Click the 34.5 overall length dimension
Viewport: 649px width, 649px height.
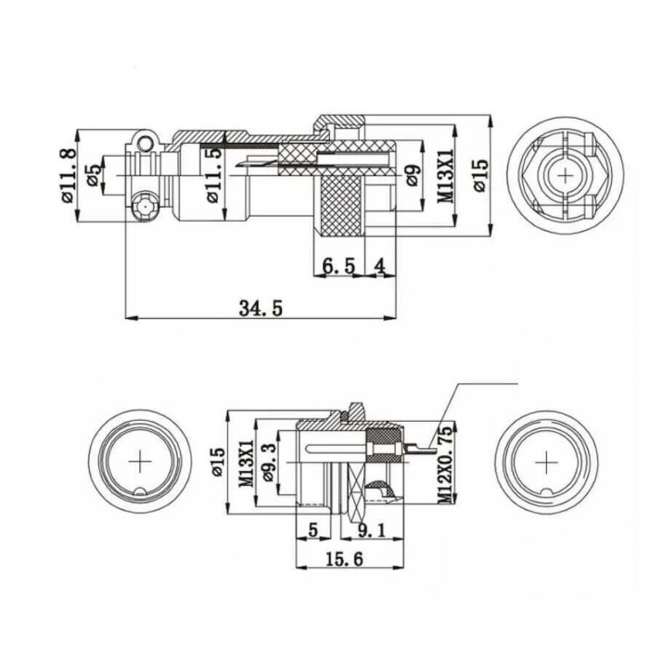coord(259,308)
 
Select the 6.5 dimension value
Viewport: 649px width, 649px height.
coord(338,266)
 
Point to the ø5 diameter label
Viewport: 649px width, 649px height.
coord(93,175)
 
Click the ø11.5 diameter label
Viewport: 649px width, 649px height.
coord(214,175)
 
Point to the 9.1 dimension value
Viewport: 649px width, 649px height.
coord(376,530)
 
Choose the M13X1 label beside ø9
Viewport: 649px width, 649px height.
coord(445,175)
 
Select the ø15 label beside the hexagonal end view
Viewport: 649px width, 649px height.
coord(479,174)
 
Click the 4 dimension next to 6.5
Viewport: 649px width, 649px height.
coord(380,266)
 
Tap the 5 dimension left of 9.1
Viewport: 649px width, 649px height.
coord(312,530)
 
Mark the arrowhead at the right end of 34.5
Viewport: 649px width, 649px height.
coord(391,318)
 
